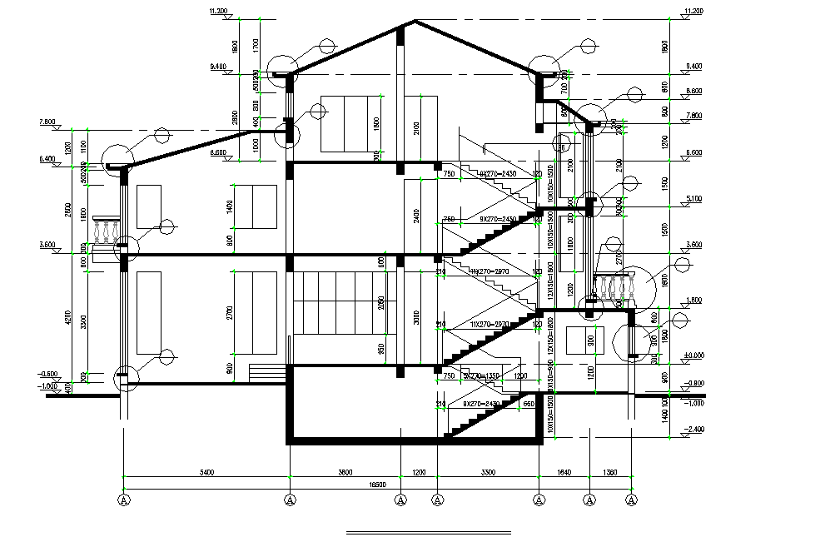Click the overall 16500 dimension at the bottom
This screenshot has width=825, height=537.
pos(378,484)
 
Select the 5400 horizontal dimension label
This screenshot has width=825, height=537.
pos(207,472)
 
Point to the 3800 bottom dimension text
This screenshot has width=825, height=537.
pos(344,472)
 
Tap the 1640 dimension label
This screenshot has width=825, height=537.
pos(564,472)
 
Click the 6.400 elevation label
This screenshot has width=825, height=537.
pos(47,158)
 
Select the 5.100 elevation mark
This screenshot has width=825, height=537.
pos(693,198)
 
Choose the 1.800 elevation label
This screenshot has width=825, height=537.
pos(693,300)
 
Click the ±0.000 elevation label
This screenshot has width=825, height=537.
pos(693,355)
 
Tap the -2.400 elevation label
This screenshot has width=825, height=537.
pos(693,430)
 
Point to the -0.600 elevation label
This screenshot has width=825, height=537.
pos(48,373)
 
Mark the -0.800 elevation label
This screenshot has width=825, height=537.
pos(694,383)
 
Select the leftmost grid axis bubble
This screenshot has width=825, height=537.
pos(124,500)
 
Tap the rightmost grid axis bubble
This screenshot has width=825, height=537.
pos(632,500)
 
